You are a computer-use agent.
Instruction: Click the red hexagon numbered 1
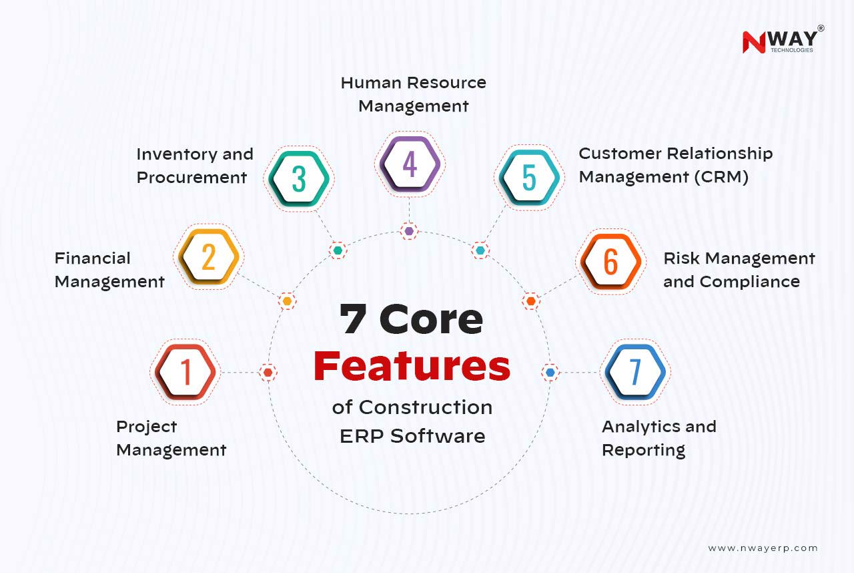click(185, 372)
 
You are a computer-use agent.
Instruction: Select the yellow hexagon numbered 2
click(208, 257)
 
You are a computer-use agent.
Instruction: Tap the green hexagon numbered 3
click(298, 178)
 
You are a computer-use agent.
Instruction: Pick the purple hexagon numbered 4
click(410, 164)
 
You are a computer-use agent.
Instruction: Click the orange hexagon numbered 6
click(610, 262)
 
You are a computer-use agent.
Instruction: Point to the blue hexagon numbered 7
click(635, 372)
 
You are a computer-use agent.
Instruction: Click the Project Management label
click(171, 438)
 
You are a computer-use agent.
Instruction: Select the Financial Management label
click(109, 270)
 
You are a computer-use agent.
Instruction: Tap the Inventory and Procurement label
click(194, 166)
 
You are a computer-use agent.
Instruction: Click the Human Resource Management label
click(413, 94)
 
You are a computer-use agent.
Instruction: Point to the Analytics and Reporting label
click(659, 438)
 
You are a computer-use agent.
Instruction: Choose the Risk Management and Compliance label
click(739, 270)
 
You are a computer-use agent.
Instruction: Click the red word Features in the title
click(412, 366)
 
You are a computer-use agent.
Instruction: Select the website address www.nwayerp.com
click(763, 548)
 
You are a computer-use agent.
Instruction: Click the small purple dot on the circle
click(409, 231)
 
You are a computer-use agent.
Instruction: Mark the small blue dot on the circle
click(550, 372)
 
